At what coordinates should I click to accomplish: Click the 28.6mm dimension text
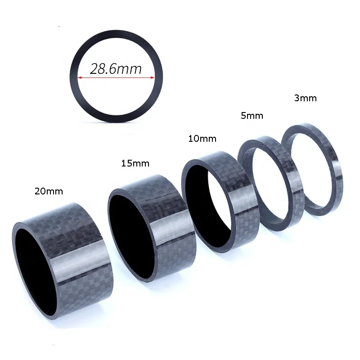pyautogui.click(x=116, y=69)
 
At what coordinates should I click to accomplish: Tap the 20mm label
pyautogui.click(x=49, y=191)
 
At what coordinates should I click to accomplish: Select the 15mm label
pyautogui.click(x=135, y=163)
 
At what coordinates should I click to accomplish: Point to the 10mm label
pyautogui.click(x=202, y=139)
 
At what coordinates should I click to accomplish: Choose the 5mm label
pyautogui.click(x=252, y=116)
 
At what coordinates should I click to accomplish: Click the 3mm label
pyautogui.click(x=305, y=98)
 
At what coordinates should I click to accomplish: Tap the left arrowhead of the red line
pyautogui.click(x=80, y=78)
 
